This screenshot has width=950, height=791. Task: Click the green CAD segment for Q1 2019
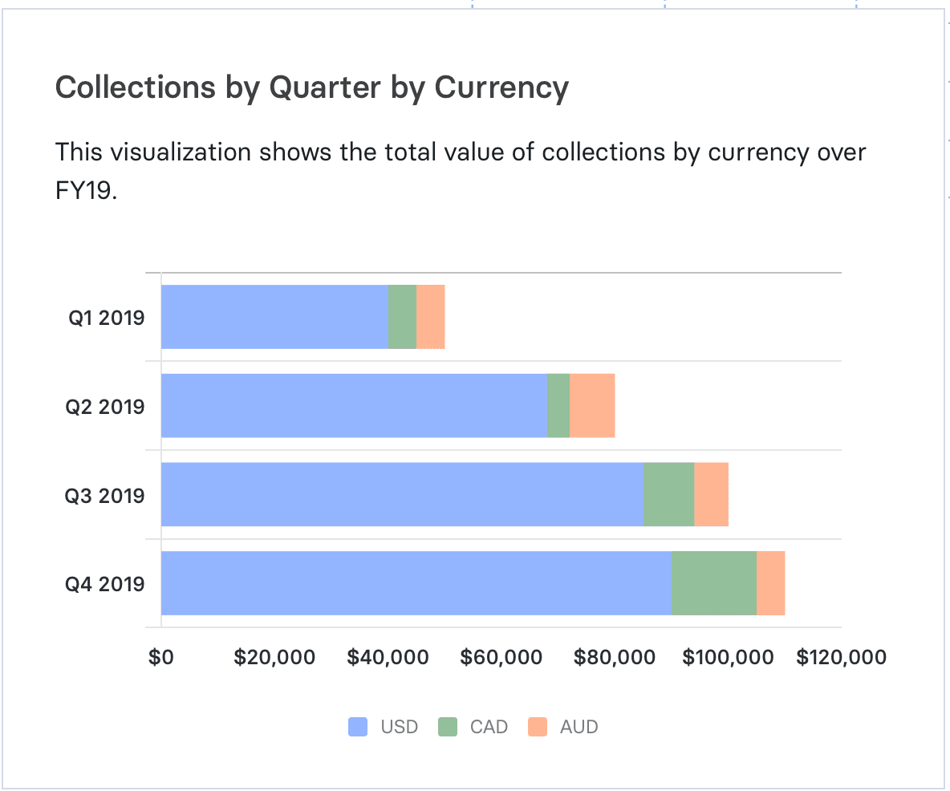click(x=402, y=317)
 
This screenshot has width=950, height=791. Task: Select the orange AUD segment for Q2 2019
click(x=592, y=406)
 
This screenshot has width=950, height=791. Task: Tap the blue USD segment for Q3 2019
click(x=402, y=494)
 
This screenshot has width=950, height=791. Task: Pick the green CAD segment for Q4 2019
click(x=714, y=583)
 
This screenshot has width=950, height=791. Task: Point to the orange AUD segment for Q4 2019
click(x=770, y=583)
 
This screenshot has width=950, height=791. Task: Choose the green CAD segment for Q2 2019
click(x=558, y=406)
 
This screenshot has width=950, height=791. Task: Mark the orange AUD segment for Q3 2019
click(x=711, y=494)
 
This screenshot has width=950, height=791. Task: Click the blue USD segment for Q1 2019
click(x=274, y=317)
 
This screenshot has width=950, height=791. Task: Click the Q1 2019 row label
click(x=106, y=318)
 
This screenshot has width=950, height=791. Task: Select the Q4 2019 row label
click(x=105, y=583)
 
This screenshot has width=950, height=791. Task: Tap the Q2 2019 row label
click(x=105, y=407)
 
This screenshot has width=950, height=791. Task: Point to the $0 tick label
click(x=161, y=658)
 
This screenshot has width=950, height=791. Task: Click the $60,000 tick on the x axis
click(x=501, y=658)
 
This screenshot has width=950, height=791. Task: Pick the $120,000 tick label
click(x=841, y=658)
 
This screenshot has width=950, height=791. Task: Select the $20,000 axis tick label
click(x=274, y=658)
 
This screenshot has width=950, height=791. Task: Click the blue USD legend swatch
click(x=358, y=727)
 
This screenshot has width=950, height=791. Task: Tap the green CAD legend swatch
click(x=447, y=727)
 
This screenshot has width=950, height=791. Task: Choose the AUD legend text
click(x=579, y=727)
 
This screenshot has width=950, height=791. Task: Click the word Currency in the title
click(x=501, y=87)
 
